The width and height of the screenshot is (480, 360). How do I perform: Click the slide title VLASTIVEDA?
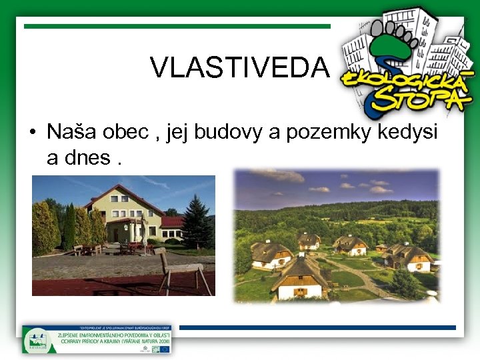click(x=240, y=67)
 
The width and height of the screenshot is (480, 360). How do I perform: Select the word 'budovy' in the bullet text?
click(x=224, y=132)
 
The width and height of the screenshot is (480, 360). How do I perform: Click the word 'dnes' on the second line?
click(x=87, y=158)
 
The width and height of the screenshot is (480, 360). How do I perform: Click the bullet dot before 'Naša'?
click(x=32, y=133)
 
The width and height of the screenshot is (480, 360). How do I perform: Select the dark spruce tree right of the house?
click(x=197, y=221)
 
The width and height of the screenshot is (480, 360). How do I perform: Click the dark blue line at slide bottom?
click(x=317, y=327)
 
